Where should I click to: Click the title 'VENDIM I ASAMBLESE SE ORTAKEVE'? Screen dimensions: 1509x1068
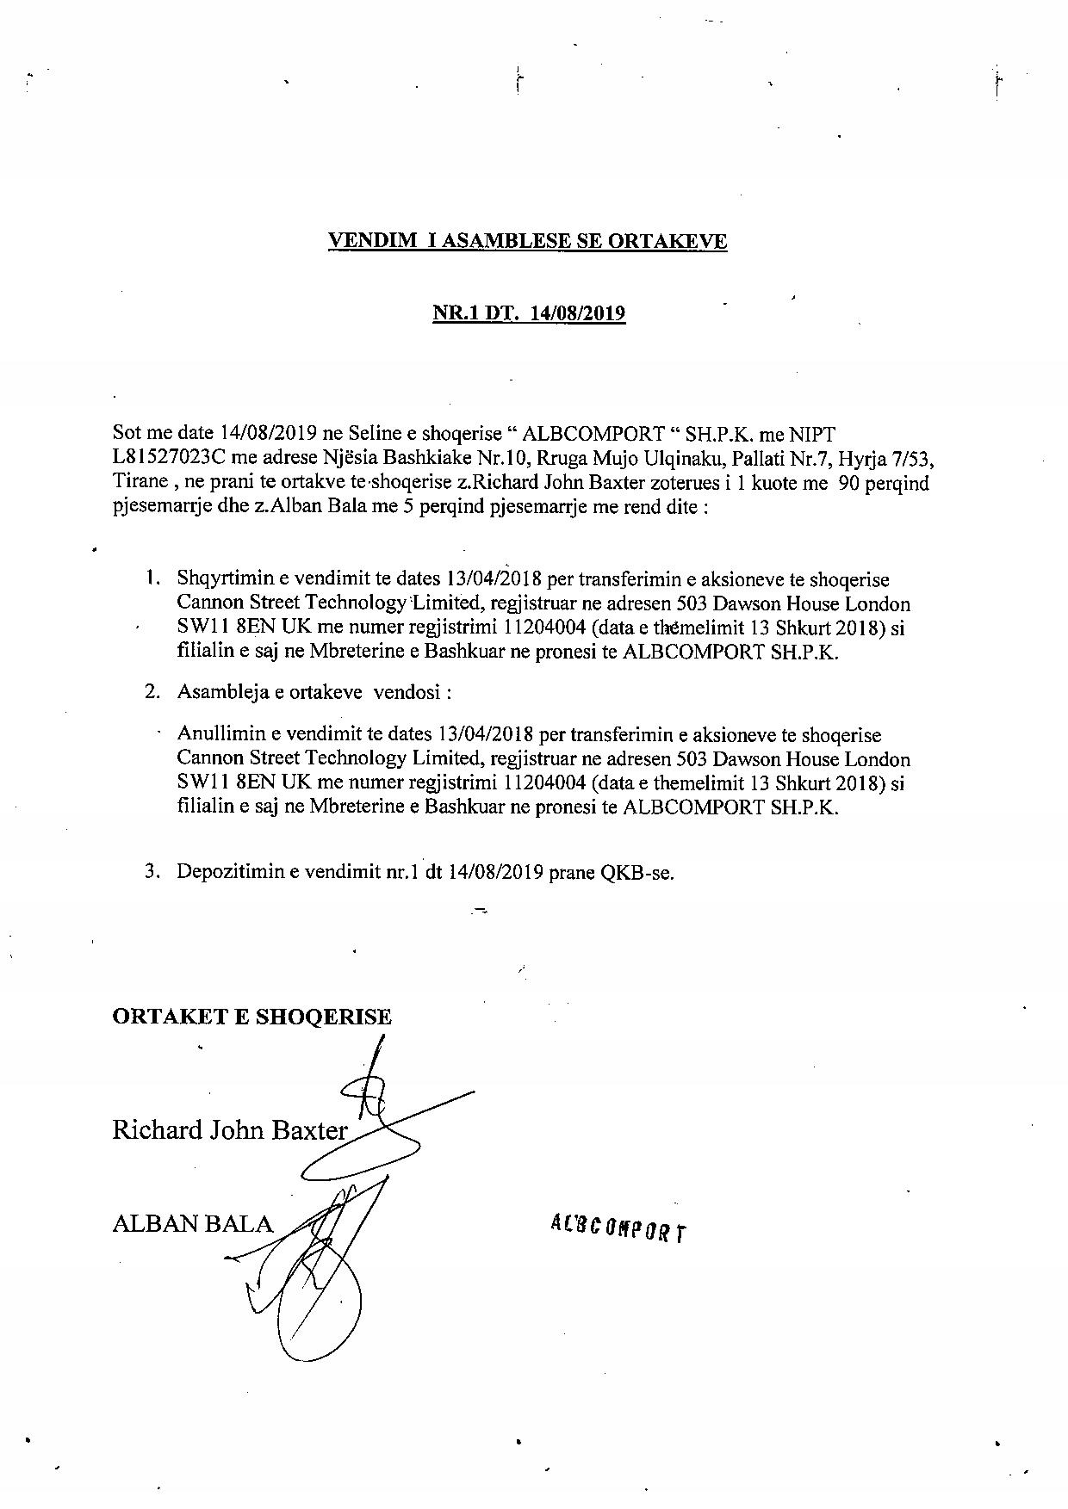[x=527, y=241]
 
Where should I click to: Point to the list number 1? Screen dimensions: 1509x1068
[x=152, y=578]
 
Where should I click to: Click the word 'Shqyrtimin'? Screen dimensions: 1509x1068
[x=220, y=579]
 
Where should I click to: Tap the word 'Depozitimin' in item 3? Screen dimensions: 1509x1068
[x=226, y=872]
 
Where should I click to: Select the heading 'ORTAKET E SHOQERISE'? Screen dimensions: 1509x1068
[x=251, y=1017]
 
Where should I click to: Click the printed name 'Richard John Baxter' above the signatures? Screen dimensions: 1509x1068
[x=229, y=1129]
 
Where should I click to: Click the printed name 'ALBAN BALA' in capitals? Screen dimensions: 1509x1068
[x=192, y=1223]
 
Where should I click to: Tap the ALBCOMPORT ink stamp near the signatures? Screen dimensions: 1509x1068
[x=618, y=1229]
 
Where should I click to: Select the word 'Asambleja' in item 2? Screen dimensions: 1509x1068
[x=220, y=692]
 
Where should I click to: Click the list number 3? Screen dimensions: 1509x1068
[x=152, y=871]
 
